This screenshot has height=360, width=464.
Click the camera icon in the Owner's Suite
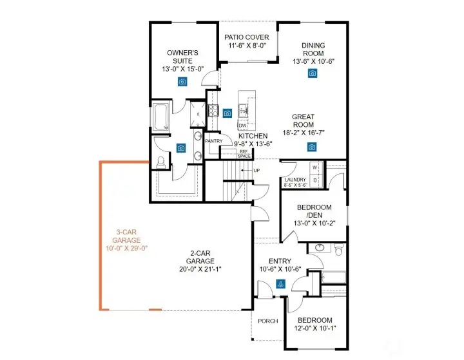(x=183, y=81)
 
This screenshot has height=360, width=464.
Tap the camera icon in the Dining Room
(x=313, y=73)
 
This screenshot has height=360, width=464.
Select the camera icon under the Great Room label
(x=312, y=147)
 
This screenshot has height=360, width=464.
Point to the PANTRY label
(x=213, y=140)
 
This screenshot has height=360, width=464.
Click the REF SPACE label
(x=244, y=153)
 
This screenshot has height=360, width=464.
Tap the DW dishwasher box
(x=242, y=126)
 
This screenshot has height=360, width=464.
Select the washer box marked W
(x=315, y=167)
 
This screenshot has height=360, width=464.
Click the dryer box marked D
(x=315, y=180)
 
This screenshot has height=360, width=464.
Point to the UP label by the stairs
(x=256, y=170)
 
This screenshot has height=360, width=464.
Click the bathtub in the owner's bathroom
(x=160, y=117)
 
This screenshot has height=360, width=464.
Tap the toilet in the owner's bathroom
(x=161, y=163)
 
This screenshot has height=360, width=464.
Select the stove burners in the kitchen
(x=213, y=111)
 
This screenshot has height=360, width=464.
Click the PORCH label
(x=267, y=321)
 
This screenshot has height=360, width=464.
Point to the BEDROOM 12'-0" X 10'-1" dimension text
(x=314, y=328)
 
